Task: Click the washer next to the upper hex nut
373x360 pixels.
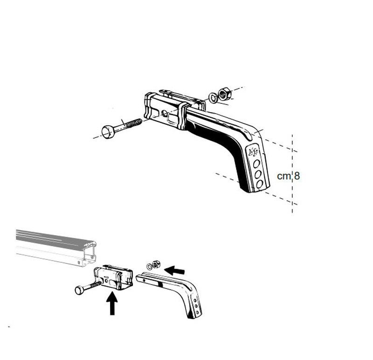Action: tap(213, 97)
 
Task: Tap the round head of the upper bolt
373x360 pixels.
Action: tap(107, 132)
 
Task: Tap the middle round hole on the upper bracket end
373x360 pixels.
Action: tap(257, 173)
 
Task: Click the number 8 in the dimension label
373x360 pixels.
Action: tap(297, 176)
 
